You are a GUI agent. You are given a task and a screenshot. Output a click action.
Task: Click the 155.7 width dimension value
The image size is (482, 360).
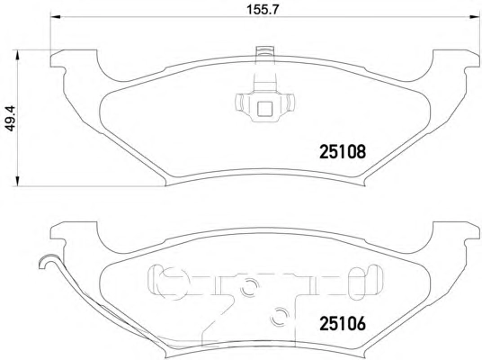(x=263, y=10)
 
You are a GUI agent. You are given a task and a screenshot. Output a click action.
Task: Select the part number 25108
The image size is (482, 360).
(x=343, y=152)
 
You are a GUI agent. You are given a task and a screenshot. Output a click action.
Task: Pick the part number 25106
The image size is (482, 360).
(x=343, y=323)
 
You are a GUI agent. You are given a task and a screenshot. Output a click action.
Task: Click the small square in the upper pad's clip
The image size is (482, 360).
(x=264, y=109)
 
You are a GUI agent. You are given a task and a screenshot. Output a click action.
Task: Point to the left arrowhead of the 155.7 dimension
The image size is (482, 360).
(x=56, y=17)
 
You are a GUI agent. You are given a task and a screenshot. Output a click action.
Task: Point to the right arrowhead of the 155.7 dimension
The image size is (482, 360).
(x=474, y=17)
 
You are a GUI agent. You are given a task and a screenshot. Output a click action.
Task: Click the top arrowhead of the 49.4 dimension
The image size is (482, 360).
(x=18, y=56)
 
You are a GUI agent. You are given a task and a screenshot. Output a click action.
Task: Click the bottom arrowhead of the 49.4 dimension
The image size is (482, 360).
(x=18, y=181)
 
